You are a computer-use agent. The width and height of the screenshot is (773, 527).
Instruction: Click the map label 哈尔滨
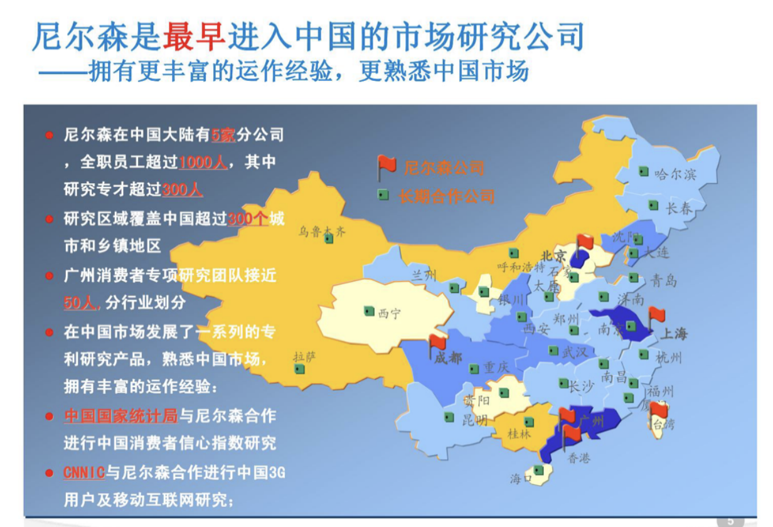[675, 174]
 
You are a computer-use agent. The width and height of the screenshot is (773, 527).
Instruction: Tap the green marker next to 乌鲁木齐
[329, 238]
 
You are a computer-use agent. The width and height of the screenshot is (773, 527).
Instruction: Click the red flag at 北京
[584, 242]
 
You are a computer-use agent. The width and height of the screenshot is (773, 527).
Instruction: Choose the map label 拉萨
[304, 357]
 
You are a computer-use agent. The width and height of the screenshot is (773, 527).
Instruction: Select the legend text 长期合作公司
[447, 196]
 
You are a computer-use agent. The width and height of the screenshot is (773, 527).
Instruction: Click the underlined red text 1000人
[203, 162]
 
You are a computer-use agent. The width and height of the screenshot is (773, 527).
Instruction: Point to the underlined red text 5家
[223, 134]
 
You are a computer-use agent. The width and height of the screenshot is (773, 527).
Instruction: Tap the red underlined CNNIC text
[83, 472]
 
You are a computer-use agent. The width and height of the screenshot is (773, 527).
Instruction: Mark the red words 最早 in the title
[194, 37]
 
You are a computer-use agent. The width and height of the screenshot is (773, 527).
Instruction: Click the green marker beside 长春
[653, 205]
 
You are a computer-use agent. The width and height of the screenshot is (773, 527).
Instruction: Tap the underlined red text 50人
[81, 302]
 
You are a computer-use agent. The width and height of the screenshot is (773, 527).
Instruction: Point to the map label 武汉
[575, 352]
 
